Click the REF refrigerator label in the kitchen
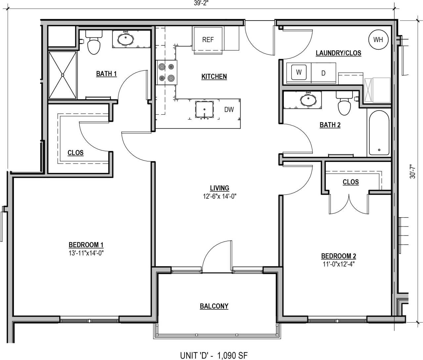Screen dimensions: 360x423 [x=208, y=40]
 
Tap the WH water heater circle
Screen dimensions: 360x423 [x=378, y=40]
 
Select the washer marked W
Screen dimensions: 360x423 [x=299, y=73]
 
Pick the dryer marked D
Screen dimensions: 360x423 [x=323, y=73]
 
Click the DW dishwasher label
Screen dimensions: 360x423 [x=229, y=110]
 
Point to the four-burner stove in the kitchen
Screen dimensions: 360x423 [x=166, y=73]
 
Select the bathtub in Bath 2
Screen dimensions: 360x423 [x=379, y=132]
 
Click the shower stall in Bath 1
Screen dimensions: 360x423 [x=63, y=75]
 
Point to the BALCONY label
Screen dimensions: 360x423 [x=214, y=306]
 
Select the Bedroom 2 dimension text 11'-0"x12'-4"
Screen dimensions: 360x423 [x=339, y=264]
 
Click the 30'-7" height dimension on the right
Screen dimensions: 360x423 [x=412, y=171]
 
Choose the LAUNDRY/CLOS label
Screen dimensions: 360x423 [x=338, y=53]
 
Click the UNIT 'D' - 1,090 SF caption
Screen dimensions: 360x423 [x=214, y=355]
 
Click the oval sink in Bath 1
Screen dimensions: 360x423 [x=126, y=39]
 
